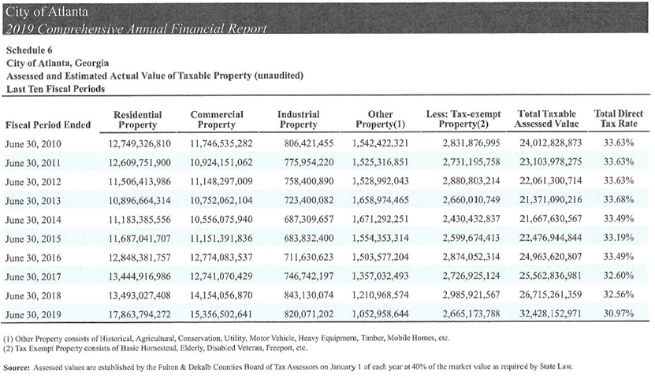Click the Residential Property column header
point(137,120)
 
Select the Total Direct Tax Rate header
point(618,119)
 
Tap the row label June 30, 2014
point(33,220)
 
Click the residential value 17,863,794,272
point(140,313)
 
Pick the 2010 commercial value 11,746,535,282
point(221,143)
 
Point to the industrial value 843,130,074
point(309,295)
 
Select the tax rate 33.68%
point(619,200)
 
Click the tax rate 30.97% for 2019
point(619,313)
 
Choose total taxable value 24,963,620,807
point(551,257)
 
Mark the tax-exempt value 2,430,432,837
point(471,219)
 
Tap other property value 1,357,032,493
point(380,276)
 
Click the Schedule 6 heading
point(29,50)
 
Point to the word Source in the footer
point(17,368)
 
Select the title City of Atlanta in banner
point(47,11)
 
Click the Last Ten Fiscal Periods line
point(55,89)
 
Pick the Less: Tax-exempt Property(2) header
point(463,120)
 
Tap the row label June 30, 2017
point(33,277)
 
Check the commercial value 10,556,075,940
point(221,220)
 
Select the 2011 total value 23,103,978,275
point(551,162)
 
